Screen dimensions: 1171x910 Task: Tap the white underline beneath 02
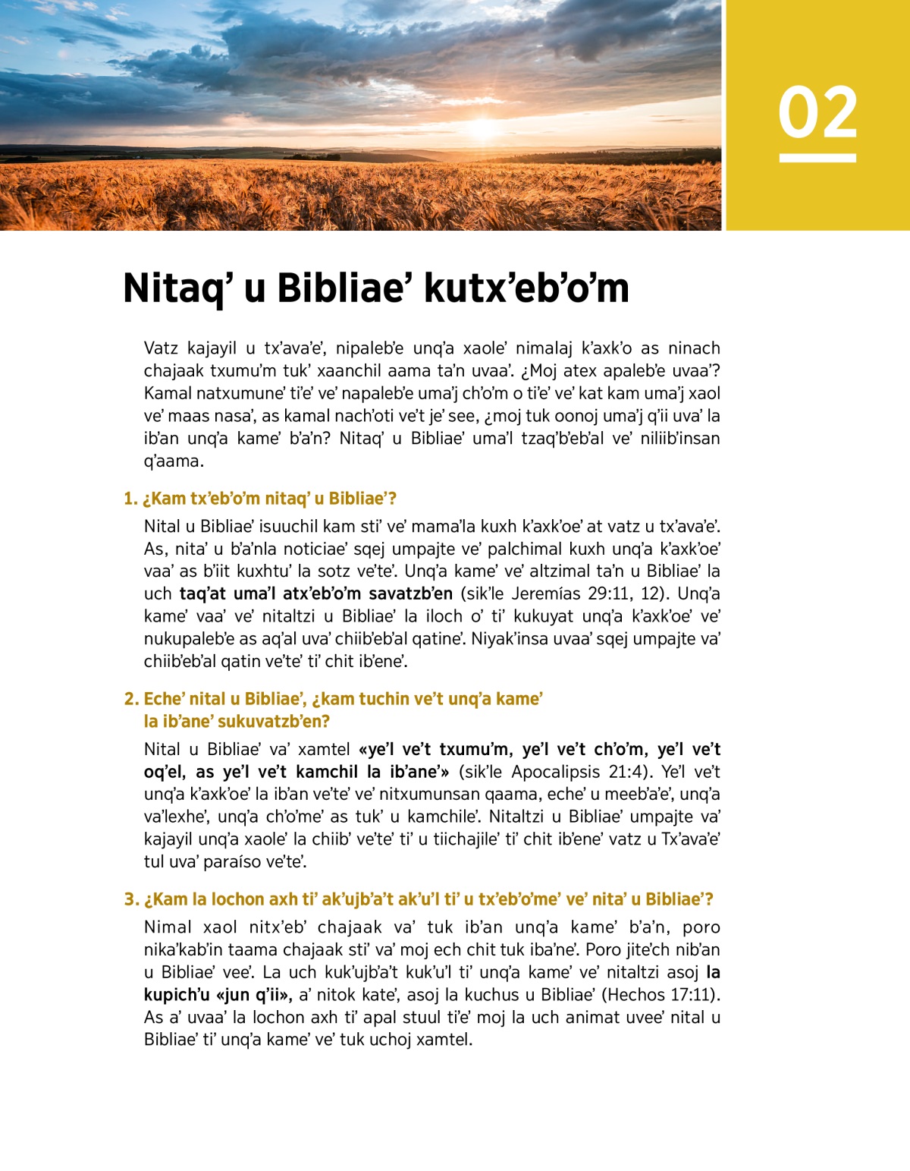tap(817, 158)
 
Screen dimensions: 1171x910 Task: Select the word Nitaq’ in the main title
tap(173, 289)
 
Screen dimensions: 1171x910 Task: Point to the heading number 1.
tap(130, 499)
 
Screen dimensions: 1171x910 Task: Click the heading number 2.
tap(131, 699)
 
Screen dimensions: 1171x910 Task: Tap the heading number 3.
tap(131, 899)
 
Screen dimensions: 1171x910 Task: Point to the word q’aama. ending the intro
tap(174, 461)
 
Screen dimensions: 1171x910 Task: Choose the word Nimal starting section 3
tap(168, 927)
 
